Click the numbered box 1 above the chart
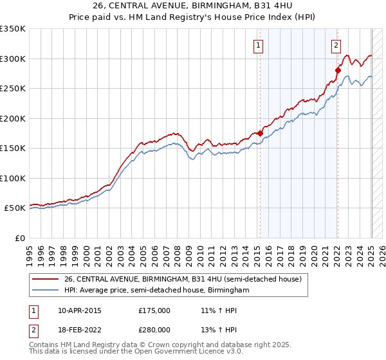point(258,45)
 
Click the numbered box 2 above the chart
point(336,45)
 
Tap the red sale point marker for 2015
point(261,133)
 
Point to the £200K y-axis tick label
point(14,118)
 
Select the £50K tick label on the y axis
point(15,208)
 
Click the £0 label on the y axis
point(20,239)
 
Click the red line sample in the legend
point(46,279)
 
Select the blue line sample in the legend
point(46,291)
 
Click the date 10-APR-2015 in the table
point(80,310)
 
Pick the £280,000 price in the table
point(154,329)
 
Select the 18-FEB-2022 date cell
point(80,329)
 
